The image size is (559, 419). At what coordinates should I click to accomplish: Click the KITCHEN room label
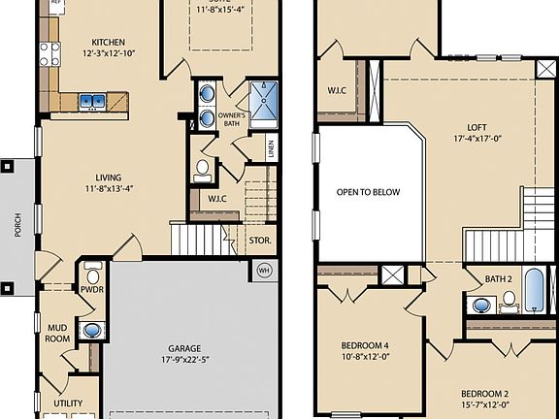pyautogui.click(x=109, y=42)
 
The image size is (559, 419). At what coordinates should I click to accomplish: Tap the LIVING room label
pyautogui.click(x=109, y=177)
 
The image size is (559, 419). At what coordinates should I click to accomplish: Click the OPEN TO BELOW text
pyautogui.click(x=368, y=192)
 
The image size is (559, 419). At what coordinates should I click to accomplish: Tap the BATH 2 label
pyautogui.click(x=498, y=279)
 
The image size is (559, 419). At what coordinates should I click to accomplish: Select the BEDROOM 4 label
pyautogui.click(x=365, y=345)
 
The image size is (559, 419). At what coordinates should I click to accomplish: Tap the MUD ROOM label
pyautogui.click(x=58, y=334)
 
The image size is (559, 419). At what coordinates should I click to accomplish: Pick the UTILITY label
pyautogui.click(x=68, y=403)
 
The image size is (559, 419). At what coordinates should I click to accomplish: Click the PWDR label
pyautogui.click(x=92, y=288)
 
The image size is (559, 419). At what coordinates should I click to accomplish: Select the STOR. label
pyautogui.click(x=259, y=239)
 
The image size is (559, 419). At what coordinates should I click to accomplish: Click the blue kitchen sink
pyautogui.click(x=93, y=99)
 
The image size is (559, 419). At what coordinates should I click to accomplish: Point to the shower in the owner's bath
pyautogui.click(x=264, y=98)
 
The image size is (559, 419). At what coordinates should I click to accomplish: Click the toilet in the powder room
pyautogui.click(x=93, y=269)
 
